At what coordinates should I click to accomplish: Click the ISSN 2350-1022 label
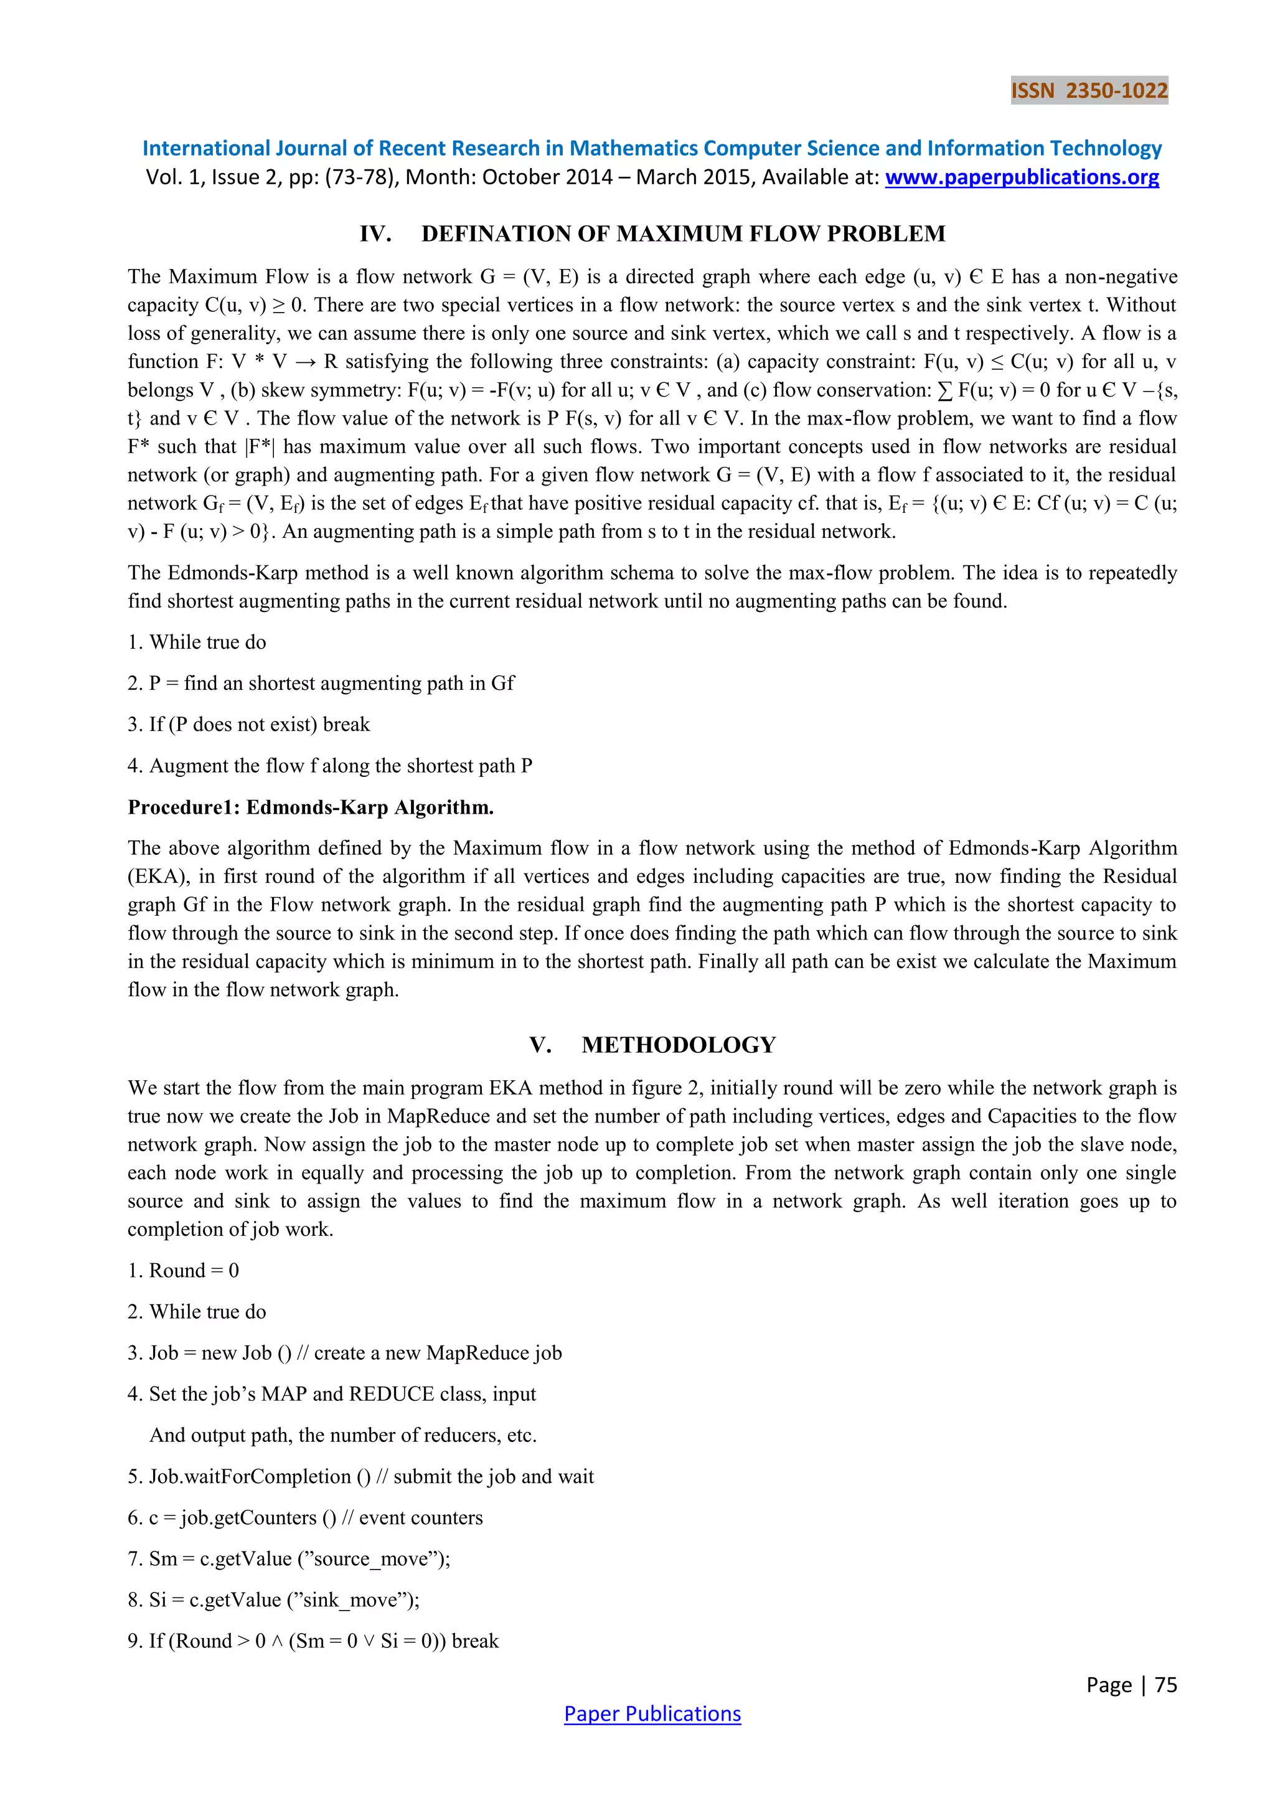click(x=1088, y=91)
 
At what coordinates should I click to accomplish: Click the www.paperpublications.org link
click(x=1022, y=177)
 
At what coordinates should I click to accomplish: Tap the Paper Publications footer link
click(x=652, y=1713)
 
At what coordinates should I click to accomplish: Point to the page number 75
click(x=1166, y=1685)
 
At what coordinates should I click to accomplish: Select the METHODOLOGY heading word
click(x=679, y=1045)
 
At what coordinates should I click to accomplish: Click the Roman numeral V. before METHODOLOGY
click(x=540, y=1045)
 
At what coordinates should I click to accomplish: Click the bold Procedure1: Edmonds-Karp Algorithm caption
click(x=311, y=807)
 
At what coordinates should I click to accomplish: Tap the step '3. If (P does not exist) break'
click(x=249, y=724)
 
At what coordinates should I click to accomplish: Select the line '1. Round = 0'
click(x=184, y=1271)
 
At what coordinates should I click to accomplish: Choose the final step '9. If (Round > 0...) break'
click(x=313, y=1641)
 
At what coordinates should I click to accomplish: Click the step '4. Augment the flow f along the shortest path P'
click(x=330, y=766)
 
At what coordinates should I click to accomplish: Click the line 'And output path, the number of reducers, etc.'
click(x=343, y=1436)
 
